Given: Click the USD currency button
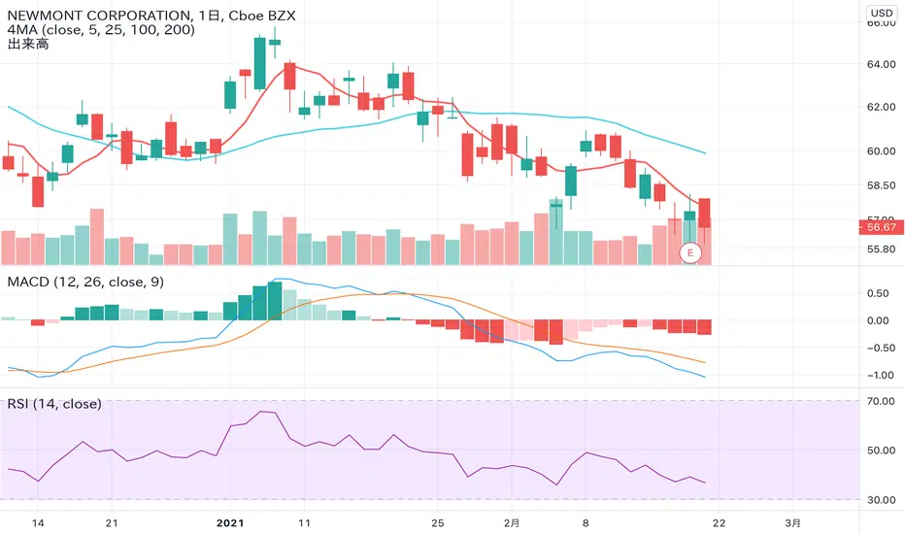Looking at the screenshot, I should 882,14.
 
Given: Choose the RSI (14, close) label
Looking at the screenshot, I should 54,403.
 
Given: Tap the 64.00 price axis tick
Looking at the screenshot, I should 882,65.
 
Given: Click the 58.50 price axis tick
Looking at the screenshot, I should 882,185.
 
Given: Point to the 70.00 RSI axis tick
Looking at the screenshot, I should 882,400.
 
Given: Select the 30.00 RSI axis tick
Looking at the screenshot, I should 882,500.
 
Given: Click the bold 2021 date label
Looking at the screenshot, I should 231,521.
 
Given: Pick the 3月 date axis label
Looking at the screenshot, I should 793,521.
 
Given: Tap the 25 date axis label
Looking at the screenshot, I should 438,521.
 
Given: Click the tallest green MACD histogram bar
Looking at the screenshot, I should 260,302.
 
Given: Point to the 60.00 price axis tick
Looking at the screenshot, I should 882,150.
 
